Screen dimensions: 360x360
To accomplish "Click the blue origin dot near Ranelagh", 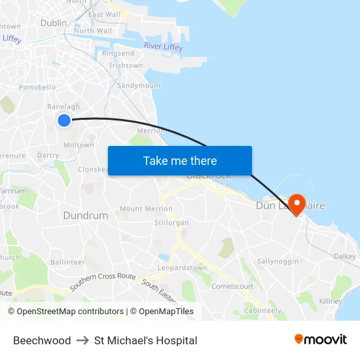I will (63, 120).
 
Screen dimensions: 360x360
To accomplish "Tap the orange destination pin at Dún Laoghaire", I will (297, 204).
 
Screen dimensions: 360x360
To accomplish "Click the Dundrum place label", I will (85, 215).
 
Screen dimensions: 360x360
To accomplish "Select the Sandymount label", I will (139, 86).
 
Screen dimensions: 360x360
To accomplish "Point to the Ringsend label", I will (118, 54).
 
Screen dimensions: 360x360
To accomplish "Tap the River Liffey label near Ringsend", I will (163, 46).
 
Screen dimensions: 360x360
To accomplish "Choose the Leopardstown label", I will (182, 268).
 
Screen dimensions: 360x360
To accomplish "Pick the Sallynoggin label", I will (278, 261).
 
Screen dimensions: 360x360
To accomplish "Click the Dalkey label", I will (344, 257).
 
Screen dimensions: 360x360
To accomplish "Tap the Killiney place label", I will (331, 301).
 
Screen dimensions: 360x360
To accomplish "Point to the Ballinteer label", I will (68, 262).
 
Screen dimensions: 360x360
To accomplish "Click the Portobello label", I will (37, 87).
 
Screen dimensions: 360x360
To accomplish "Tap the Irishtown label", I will (126, 65).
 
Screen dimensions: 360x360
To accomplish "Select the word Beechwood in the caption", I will (42, 340).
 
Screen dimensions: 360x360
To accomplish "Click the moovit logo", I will (320, 340).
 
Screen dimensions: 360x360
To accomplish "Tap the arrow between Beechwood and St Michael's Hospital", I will (82, 340).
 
